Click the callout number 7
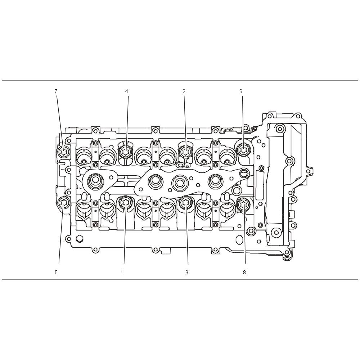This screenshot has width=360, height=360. point(56,91)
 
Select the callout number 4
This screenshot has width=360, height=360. point(126,91)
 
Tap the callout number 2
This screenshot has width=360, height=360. point(184,91)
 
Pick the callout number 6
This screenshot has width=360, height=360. point(241,91)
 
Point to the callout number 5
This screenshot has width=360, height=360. point(56,272)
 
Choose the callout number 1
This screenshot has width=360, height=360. point(122,272)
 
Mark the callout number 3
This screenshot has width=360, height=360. point(186,272)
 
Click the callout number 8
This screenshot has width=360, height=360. point(244,272)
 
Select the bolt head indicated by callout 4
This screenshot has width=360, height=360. point(125,151)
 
